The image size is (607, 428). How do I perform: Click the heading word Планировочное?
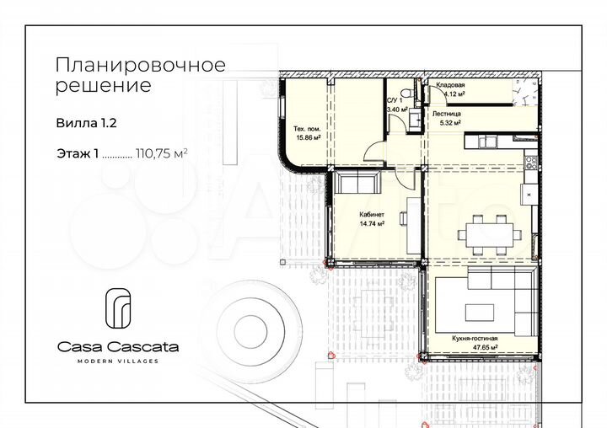(x=140, y=66)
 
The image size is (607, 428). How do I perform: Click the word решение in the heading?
(x=103, y=85)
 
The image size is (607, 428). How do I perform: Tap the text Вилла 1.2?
(x=85, y=122)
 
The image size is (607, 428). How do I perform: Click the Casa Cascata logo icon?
(x=117, y=308)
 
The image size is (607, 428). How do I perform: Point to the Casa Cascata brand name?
(x=117, y=345)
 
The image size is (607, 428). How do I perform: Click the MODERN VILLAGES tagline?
(x=117, y=361)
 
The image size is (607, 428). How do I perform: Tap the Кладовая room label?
(x=450, y=87)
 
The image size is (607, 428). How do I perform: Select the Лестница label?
(x=447, y=111)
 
